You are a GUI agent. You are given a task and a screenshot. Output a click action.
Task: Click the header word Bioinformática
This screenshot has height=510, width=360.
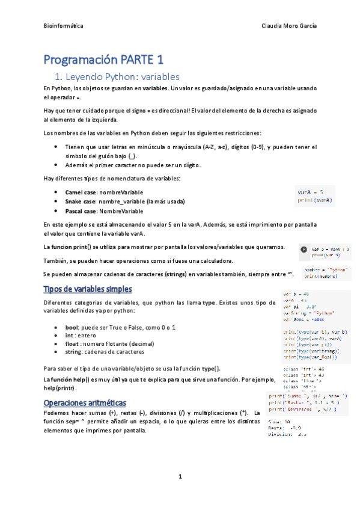(64, 27)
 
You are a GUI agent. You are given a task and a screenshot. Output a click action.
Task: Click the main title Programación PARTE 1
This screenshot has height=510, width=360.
(103, 60)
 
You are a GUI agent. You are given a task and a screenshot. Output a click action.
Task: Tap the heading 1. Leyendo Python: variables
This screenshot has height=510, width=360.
(117, 77)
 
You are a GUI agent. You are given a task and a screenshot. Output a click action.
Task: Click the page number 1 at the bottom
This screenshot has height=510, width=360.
(180, 477)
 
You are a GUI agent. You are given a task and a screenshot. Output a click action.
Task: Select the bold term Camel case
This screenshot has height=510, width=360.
(81, 192)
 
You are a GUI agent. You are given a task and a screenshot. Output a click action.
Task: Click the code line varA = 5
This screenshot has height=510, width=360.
(310, 192)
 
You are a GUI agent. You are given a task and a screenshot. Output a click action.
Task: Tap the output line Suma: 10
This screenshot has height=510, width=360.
(279, 422)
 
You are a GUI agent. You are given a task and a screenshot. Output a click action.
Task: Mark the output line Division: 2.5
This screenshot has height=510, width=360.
(288, 434)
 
